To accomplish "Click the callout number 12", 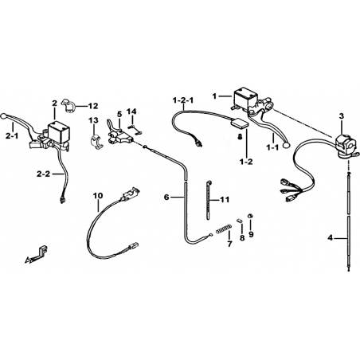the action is pos(93,106).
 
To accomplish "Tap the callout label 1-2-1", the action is pos(183,100).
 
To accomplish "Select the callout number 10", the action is pos(97,196).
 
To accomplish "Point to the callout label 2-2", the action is pos(43,174).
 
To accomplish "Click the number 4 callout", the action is pos(330,238).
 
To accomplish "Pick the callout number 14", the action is pos(131,112).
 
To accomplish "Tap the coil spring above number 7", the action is pos(224,229).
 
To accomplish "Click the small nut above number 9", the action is pos(250,216).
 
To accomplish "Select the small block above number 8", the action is pos(240,221).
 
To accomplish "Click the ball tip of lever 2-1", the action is pos(4,116).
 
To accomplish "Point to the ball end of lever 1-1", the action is pos(287,145).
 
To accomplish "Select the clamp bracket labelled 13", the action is pos(96,140).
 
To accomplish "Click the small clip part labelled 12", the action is pos(69,106).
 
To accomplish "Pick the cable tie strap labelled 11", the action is pos(209,199).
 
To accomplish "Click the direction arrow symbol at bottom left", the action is pos(37,255).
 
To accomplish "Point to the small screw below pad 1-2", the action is pos(240,137).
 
